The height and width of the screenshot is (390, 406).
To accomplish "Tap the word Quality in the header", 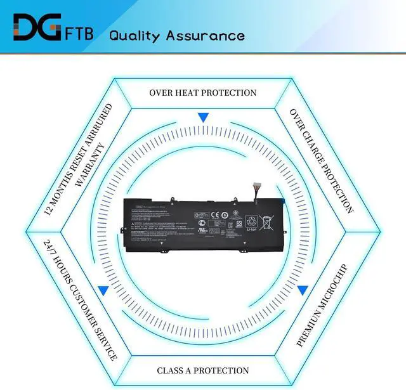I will point(136,35).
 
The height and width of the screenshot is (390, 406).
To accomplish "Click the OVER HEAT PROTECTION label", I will point(203,93).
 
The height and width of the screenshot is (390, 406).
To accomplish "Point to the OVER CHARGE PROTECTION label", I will point(322,160).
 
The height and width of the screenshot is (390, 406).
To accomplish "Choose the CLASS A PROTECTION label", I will point(203,370).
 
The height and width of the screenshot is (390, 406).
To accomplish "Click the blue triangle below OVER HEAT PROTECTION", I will point(203,118).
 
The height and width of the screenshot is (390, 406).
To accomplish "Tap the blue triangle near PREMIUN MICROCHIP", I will point(303,290).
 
